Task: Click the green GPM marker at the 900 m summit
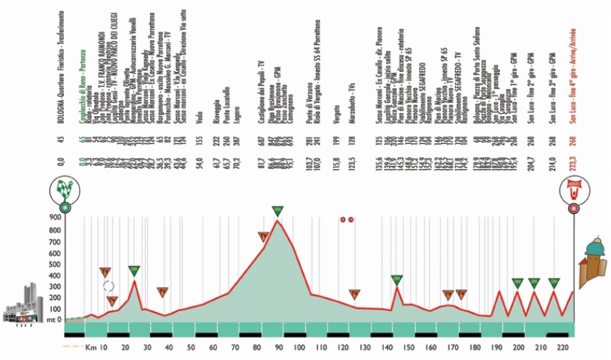(277, 212)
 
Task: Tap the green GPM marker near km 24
(135, 270)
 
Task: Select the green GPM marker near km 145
(397, 279)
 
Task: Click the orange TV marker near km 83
(263, 237)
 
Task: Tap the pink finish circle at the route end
(574, 209)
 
